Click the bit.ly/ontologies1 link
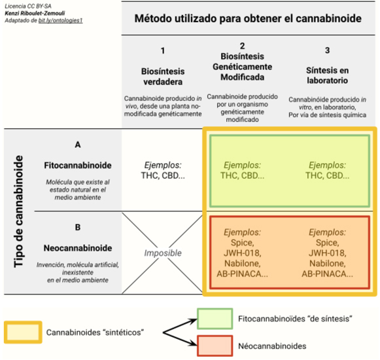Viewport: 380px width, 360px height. pos(60,20)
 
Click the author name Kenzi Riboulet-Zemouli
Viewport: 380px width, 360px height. pos(35,13)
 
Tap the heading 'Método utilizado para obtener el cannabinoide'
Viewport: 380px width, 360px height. pos(248,18)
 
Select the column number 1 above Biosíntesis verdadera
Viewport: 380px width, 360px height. pos(163,50)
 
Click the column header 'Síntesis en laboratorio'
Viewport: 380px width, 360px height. pos(327,75)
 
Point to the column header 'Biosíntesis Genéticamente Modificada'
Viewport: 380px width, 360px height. pos(243,67)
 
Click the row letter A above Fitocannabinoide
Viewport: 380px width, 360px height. pos(78,145)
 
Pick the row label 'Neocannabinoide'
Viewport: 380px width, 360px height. pos(78,248)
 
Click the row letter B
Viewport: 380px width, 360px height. pos(78,227)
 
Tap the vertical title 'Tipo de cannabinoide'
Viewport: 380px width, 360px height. pos(19,211)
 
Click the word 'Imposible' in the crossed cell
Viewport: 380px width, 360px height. pos(163,253)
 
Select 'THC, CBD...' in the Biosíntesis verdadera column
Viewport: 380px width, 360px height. pos(163,175)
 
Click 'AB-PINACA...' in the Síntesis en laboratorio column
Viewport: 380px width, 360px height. pos(328,274)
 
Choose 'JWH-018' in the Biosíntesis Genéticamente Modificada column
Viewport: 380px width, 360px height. pos(242,253)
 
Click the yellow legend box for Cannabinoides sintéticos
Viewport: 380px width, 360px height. pos(23,332)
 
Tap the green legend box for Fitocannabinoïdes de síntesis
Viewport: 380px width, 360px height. pos(215,319)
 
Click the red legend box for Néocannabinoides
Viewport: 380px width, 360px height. pos(215,346)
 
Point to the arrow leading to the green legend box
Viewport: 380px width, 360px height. pos(180,327)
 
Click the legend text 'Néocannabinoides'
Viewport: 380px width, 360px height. pos(272,346)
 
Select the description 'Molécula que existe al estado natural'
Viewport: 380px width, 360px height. pos(78,186)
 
